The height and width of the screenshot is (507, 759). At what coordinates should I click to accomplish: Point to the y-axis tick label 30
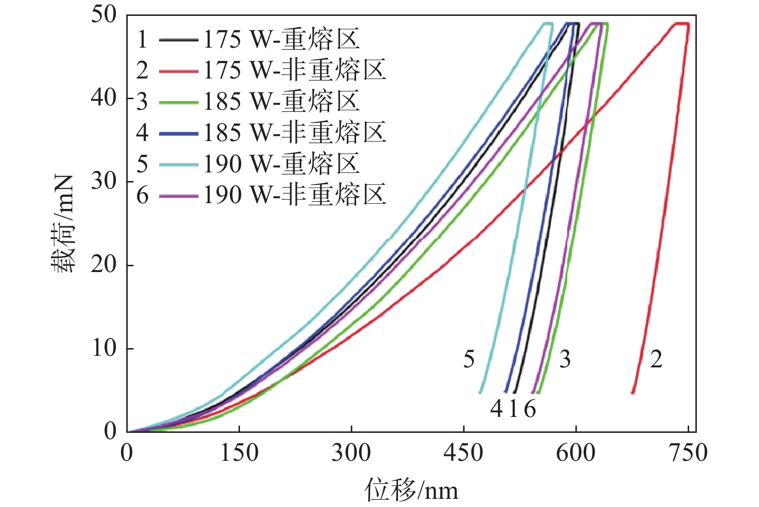tap(104, 182)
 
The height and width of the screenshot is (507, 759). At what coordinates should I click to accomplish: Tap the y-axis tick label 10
tap(104, 348)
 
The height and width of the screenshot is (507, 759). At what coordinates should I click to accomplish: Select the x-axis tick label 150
tap(239, 453)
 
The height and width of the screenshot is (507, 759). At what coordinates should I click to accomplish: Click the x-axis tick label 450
tap(464, 453)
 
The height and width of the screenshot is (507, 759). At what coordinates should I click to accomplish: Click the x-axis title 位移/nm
tap(411, 490)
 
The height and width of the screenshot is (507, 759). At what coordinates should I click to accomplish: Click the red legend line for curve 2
tap(178, 71)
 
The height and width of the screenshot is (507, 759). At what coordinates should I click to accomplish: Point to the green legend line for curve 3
tap(178, 103)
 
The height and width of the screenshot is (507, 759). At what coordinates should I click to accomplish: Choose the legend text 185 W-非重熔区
tap(294, 133)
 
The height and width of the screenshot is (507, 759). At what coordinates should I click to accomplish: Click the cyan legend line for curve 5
tap(178, 165)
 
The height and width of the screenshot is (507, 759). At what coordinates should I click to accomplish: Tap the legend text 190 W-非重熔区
tap(294, 195)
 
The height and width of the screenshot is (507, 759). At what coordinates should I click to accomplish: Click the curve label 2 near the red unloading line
tap(656, 359)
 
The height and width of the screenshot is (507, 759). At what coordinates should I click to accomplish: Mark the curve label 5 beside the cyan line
tap(469, 359)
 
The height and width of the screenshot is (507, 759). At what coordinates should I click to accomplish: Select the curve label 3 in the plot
tap(565, 359)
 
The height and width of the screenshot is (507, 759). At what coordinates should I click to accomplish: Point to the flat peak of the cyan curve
tap(548, 23)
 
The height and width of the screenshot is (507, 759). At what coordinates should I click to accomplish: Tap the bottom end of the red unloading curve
tap(633, 392)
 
